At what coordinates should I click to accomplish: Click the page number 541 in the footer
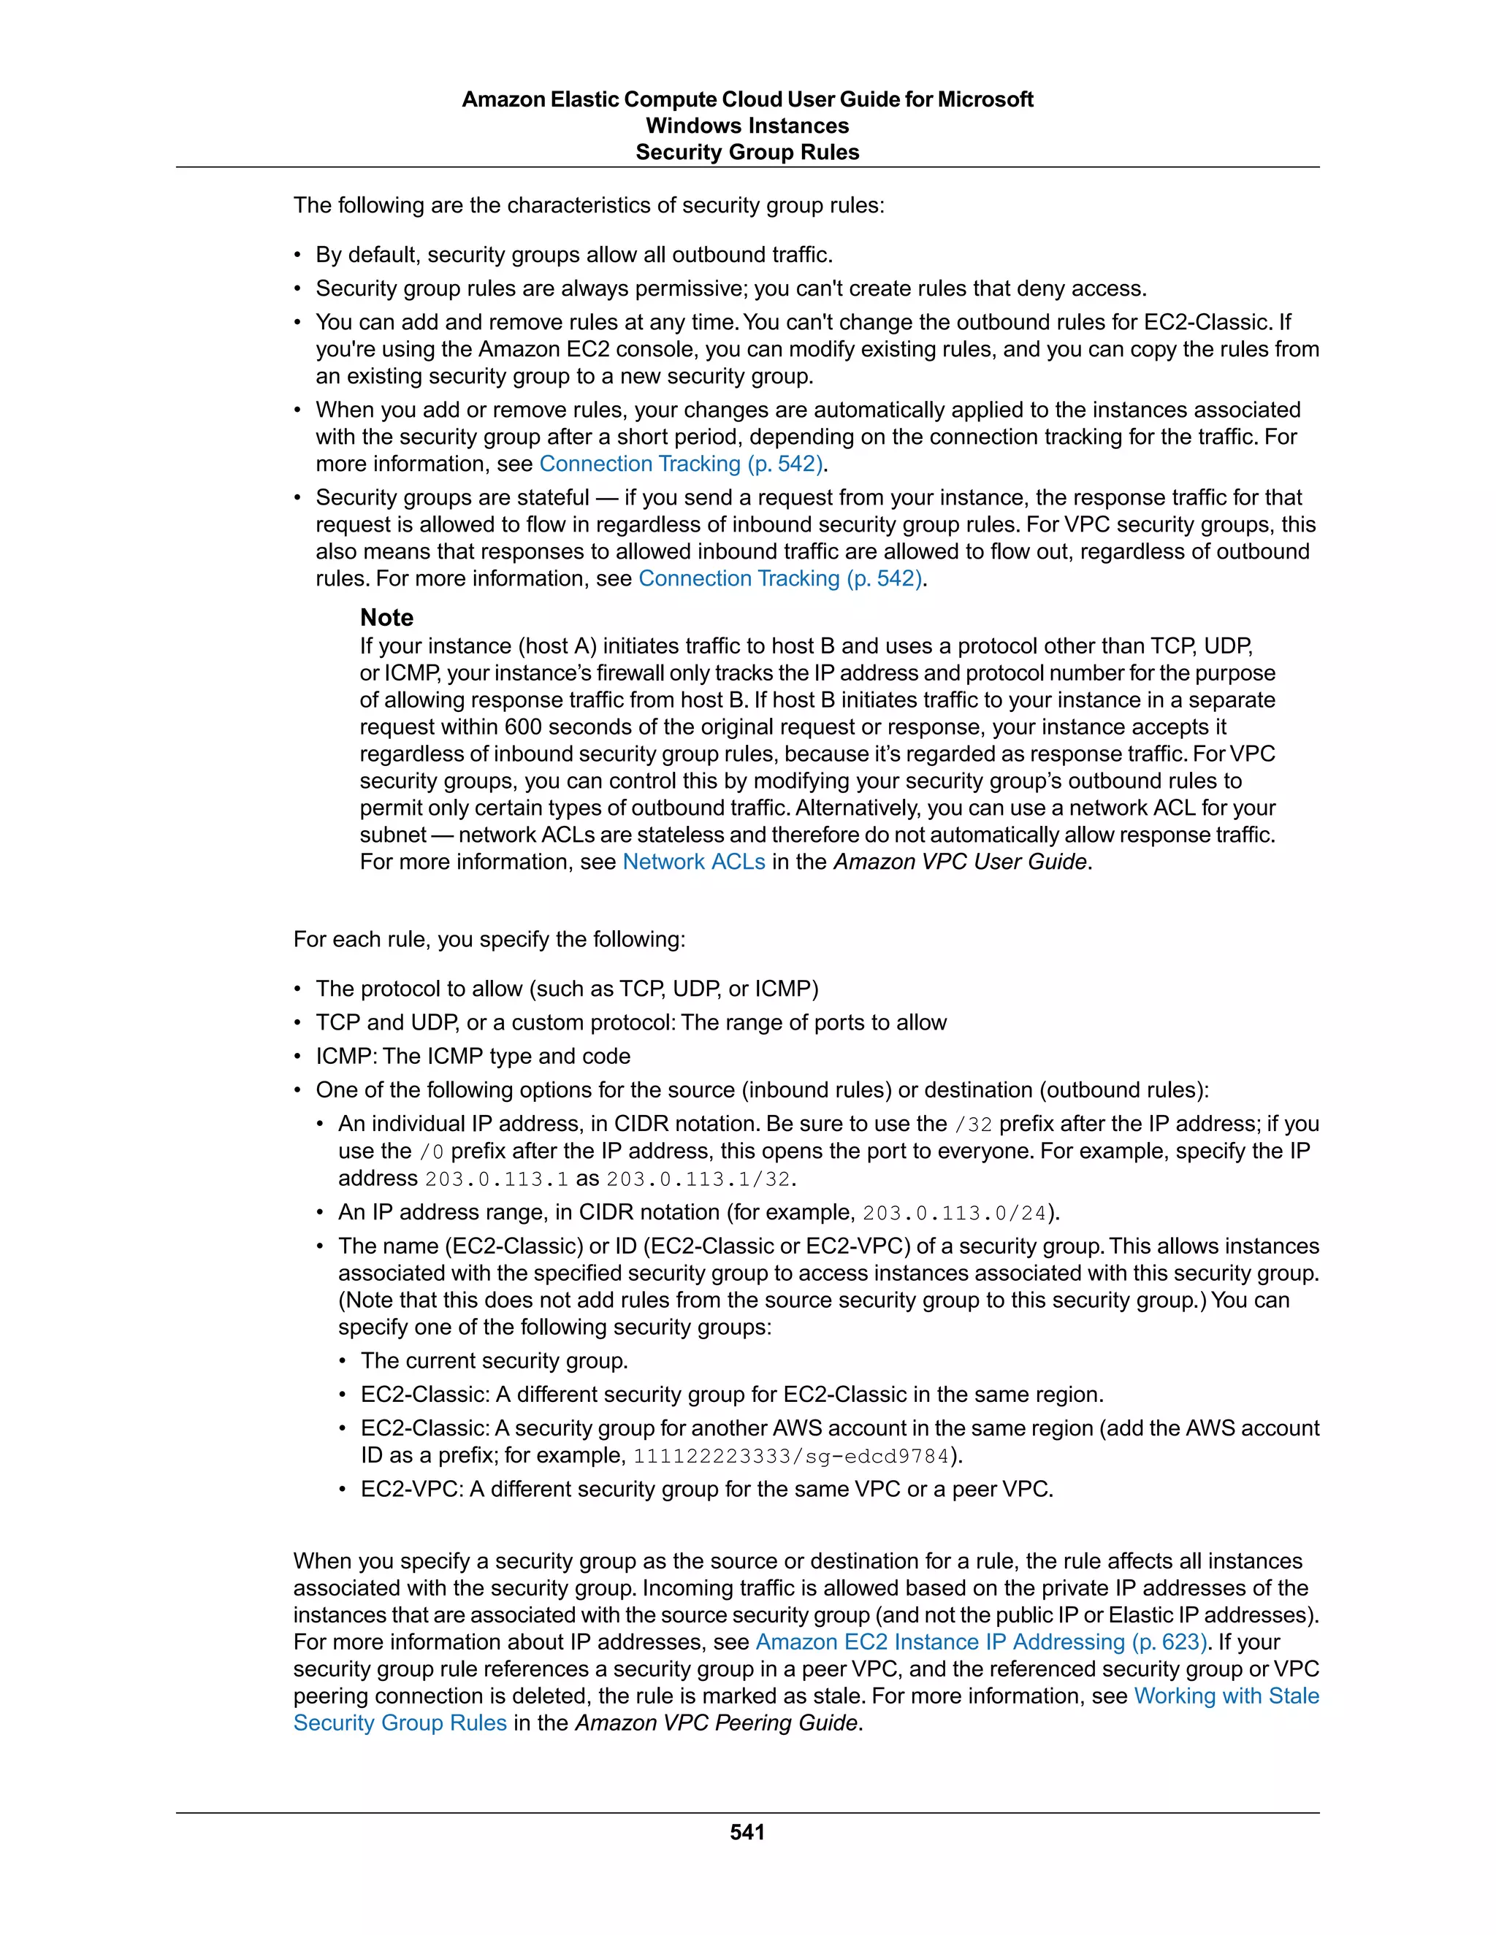[x=747, y=1832]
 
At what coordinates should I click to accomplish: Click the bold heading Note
[x=386, y=618]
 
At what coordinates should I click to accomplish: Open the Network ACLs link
[x=693, y=862]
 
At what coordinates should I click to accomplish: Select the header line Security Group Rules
[x=747, y=153]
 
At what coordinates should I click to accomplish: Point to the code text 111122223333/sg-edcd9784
[x=790, y=1456]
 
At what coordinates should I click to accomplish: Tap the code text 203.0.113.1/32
[x=698, y=1179]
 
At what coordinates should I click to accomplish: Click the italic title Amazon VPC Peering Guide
[x=716, y=1723]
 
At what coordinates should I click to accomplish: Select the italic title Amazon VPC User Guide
[x=960, y=862]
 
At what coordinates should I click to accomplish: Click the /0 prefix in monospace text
[x=431, y=1152]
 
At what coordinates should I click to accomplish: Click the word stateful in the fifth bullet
[x=550, y=498]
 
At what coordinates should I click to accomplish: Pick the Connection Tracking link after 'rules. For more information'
[x=781, y=578]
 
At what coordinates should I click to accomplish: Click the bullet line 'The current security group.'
[x=494, y=1361]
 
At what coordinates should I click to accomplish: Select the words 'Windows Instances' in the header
[x=747, y=126]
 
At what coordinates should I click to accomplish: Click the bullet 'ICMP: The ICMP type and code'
[x=473, y=1056]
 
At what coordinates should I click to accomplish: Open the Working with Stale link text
[x=1226, y=1695]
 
